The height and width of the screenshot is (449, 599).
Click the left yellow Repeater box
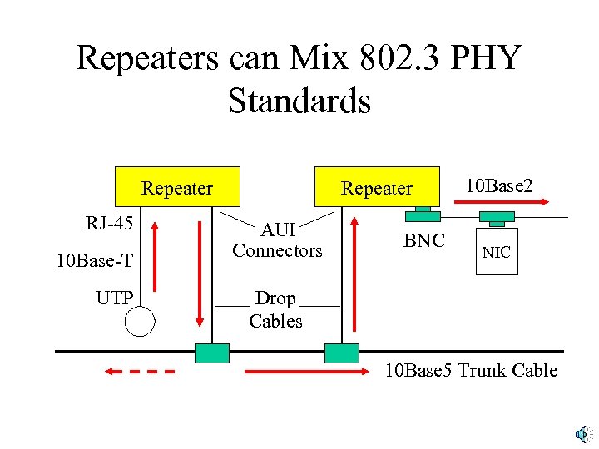[x=177, y=187]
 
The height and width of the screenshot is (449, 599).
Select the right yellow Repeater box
[x=376, y=187]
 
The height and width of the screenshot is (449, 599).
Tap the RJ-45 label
[x=109, y=223]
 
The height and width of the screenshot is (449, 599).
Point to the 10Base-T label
[x=94, y=261]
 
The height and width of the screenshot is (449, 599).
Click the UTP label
[x=114, y=298]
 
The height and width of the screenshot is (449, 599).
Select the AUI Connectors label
[x=277, y=239]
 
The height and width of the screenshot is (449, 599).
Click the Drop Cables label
[x=275, y=309]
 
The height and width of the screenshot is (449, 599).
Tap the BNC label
[x=424, y=241]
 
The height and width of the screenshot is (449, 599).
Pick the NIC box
[x=497, y=251]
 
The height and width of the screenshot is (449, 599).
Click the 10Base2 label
[x=499, y=185]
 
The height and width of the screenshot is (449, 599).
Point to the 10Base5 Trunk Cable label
[x=471, y=370]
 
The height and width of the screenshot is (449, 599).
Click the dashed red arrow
[x=138, y=371]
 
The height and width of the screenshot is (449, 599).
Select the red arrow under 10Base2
[x=505, y=202]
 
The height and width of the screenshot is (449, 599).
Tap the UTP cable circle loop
[x=140, y=321]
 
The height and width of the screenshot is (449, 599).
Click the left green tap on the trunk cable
[x=211, y=353]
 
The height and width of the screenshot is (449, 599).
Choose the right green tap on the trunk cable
[x=341, y=353]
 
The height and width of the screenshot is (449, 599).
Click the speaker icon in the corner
[x=582, y=432]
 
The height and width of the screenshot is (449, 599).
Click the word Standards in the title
[x=299, y=101]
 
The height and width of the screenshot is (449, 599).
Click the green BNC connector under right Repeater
[x=423, y=215]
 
